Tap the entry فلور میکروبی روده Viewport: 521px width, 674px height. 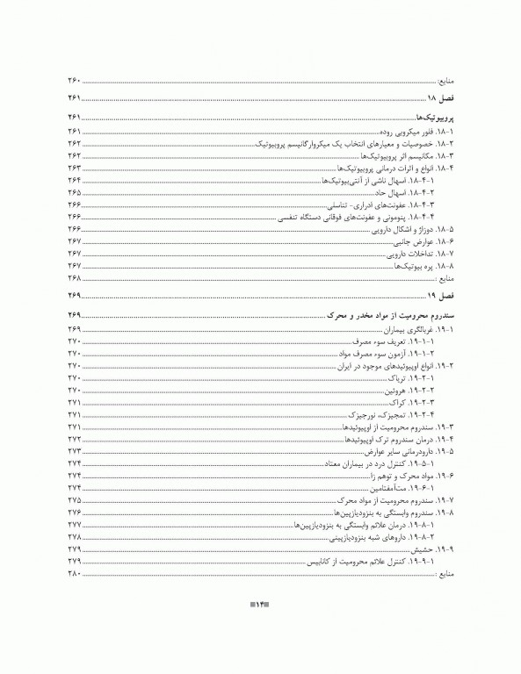tap(409, 131)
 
